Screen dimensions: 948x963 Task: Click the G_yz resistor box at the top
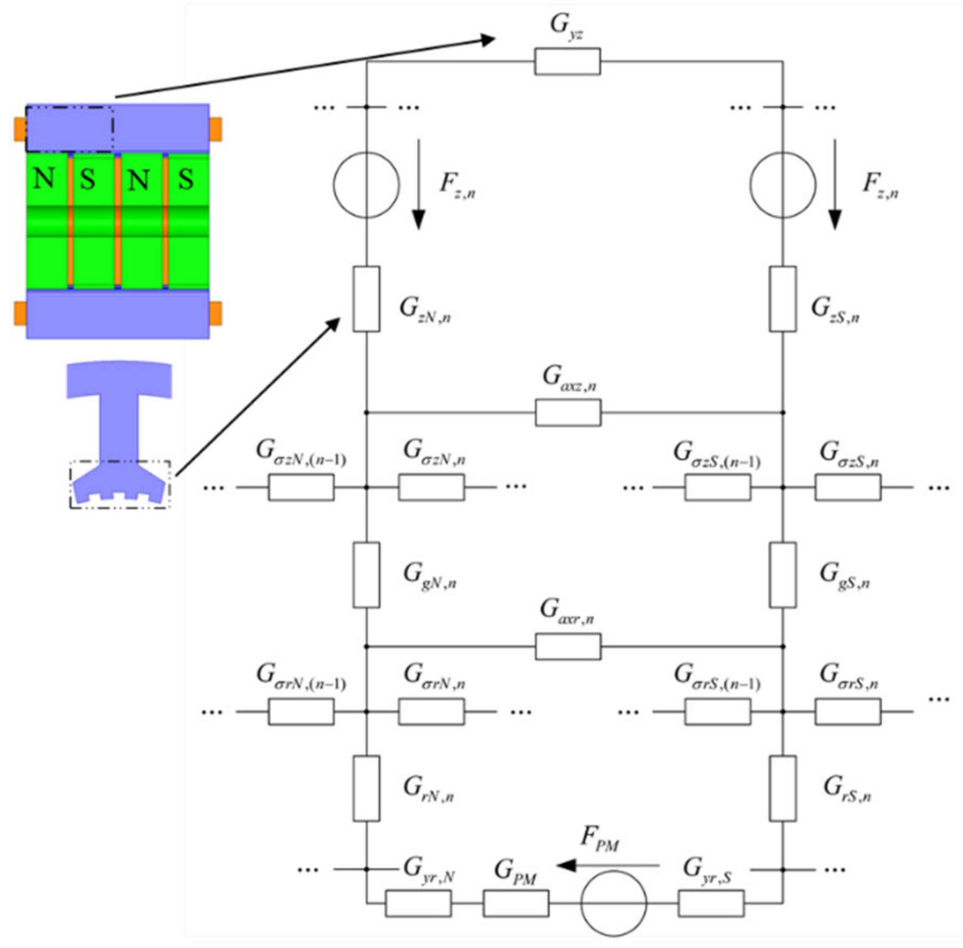tap(567, 61)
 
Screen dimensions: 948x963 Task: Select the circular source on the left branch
tap(366, 185)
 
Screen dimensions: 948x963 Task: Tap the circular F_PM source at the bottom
tap(613, 903)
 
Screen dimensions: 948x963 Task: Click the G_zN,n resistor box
tap(366, 299)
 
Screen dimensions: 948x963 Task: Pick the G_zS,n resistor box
tap(782, 299)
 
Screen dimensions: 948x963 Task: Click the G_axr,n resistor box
tap(568, 646)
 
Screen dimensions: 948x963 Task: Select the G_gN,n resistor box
tap(366, 575)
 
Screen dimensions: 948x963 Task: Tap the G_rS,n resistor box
tap(782, 788)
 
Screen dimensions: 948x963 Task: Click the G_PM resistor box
tap(516, 903)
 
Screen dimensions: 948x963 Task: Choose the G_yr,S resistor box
tap(711, 903)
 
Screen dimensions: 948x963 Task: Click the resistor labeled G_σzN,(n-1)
tap(301, 487)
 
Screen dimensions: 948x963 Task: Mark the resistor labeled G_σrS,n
tap(848, 712)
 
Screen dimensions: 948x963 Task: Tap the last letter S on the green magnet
tap(185, 179)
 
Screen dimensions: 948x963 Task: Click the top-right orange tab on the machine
tap(215, 129)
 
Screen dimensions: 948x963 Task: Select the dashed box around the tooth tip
tap(121, 485)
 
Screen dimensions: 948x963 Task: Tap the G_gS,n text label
tap(844, 576)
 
